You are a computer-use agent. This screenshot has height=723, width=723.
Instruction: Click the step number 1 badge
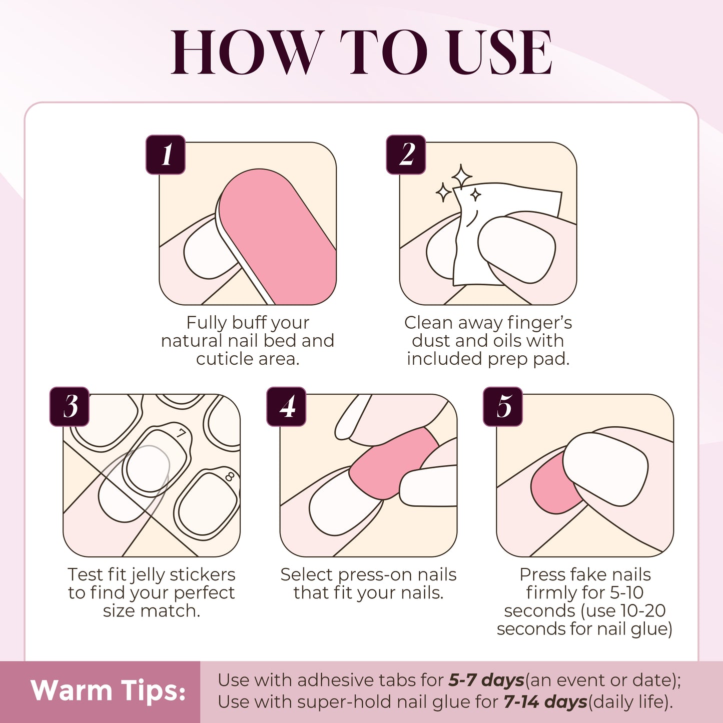tap(166, 155)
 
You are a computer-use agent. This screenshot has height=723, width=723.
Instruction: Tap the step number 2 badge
tap(406, 155)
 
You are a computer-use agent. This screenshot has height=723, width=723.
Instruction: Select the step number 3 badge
tap(70, 406)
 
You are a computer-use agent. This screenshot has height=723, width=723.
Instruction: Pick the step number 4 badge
tap(286, 406)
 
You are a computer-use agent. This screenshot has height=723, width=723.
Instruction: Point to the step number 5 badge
tap(503, 406)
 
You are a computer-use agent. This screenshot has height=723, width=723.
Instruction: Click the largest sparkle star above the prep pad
tap(461, 177)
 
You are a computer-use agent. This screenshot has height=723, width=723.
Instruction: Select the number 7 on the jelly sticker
tap(181, 433)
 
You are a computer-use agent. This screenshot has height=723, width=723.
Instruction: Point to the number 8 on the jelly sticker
tap(230, 476)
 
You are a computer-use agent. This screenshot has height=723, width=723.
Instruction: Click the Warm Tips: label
tap(108, 691)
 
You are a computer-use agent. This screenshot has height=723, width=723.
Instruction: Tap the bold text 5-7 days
tap(486, 680)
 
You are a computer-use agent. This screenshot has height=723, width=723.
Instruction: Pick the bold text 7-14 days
tap(545, 702)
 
